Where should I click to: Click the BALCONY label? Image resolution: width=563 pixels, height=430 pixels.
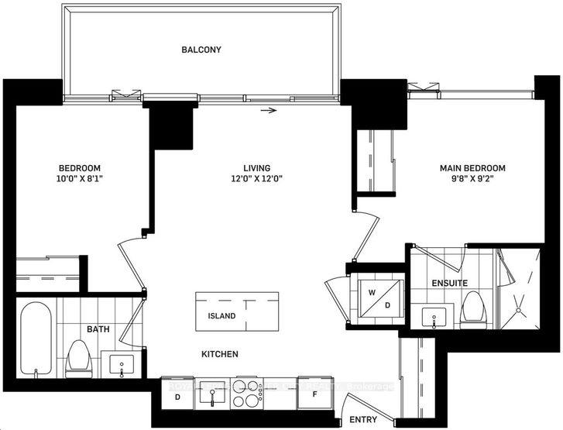[201, 50]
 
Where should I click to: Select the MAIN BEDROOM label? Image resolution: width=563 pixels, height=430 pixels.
[472, 168]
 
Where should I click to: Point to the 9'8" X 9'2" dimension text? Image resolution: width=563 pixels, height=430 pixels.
[472, 179]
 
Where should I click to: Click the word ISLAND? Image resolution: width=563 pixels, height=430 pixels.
[221, 316]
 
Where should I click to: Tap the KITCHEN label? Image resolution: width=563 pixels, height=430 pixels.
[220, 354]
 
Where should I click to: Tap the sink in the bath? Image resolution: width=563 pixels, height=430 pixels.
[122, 363]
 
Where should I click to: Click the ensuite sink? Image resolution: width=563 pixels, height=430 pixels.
[431, 316]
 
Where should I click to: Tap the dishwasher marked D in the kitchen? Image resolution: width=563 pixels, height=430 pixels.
[178, 396]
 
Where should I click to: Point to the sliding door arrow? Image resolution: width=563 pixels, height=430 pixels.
[268, 111]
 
